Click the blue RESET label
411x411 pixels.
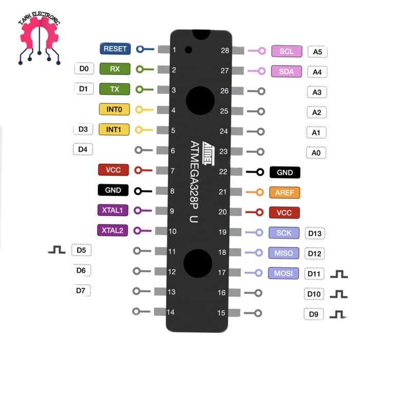tap(115, 48)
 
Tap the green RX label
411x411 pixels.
tap(115, 69)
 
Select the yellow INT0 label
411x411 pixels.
tap(114, 109)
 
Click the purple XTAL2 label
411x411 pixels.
tap(113, 230)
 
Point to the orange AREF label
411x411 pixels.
tap(285, 193)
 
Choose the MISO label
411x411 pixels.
tap(284, 253)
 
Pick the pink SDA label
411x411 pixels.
tap(286, 71)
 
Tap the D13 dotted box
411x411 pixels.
tap(315, 233)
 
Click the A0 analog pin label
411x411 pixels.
tap(316, 153)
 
